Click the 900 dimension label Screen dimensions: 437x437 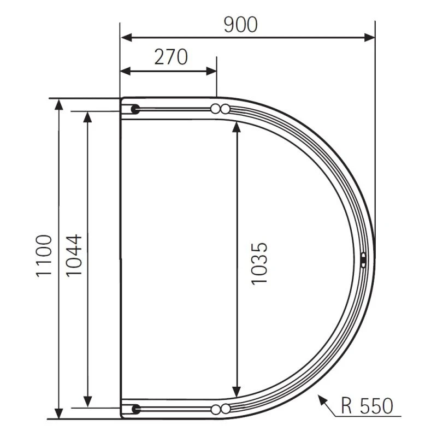point(240,25)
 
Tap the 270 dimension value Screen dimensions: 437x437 point(171,57)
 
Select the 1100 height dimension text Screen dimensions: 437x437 point(44,256)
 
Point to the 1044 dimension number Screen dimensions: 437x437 point(74,255)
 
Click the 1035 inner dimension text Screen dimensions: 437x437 point(259,264)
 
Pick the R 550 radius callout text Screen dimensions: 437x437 point(367,405)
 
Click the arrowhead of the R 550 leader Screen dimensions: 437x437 point(322,400)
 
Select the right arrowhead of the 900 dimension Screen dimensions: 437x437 point(369,37)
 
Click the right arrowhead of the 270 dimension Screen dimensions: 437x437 point(211,71)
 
